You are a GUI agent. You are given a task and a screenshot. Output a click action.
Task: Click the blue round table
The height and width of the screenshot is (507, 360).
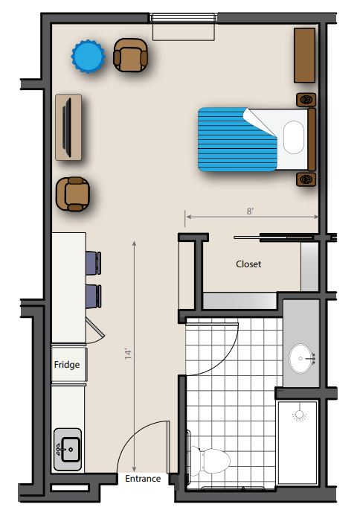[89, 57]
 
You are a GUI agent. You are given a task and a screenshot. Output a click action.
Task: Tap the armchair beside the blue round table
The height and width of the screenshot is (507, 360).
[131, 55]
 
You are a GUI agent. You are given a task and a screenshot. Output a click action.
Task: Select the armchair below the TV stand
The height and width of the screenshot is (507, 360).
[73, 194]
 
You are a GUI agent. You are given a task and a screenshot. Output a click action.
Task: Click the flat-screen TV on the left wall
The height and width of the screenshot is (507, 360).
[68, 127]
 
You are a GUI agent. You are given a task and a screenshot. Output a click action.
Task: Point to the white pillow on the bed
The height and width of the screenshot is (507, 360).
[294, 137]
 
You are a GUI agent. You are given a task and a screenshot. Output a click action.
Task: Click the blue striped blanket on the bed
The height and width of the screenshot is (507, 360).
[237, 139]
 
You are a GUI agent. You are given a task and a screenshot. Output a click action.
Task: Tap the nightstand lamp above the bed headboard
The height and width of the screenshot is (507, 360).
[306, 100]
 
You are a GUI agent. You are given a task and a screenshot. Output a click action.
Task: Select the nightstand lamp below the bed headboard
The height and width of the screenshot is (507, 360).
[306, 179]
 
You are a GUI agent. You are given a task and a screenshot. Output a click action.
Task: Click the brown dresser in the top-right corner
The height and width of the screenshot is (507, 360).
[304, 55]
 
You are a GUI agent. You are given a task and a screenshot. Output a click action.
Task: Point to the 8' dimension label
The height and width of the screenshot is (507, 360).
[250, 211]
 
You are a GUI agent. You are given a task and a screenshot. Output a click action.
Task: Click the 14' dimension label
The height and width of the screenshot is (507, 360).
[128, 354]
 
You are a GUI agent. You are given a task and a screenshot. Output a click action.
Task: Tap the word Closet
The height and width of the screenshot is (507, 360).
[248, 264]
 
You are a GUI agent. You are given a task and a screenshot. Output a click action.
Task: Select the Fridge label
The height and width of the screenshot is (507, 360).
[67, 365]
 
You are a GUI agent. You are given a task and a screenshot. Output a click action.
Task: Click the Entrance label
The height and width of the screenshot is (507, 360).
[143, 479]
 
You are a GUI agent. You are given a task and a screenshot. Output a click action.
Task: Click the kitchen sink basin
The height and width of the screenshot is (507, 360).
[70, 449]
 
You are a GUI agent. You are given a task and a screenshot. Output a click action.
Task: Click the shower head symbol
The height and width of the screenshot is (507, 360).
[300, 415]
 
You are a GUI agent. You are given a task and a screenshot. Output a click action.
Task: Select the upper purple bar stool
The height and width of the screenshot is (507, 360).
[94, 263]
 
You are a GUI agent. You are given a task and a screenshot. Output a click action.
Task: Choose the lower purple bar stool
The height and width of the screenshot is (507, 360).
[94, 296]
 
